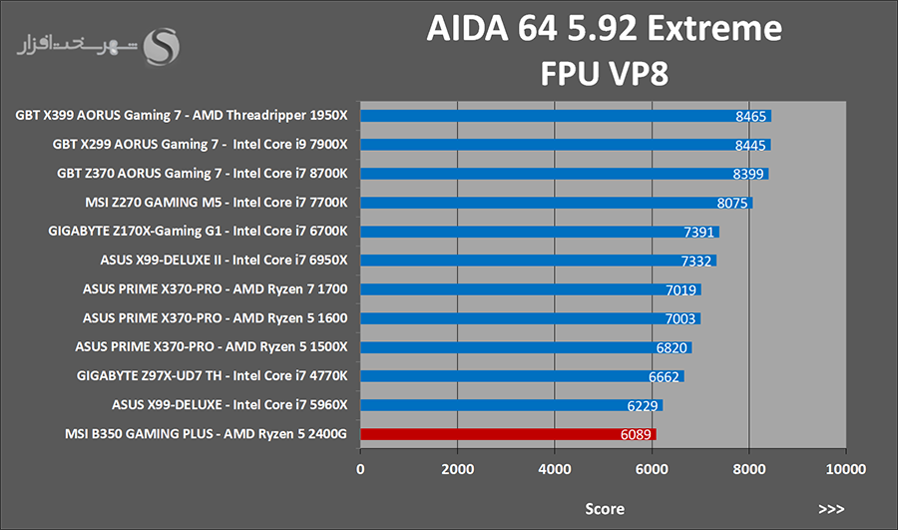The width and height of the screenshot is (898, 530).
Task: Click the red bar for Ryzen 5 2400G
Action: point(508,434)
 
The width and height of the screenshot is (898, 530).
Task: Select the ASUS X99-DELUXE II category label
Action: point(224,261)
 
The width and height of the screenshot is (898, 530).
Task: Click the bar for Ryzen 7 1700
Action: point(530,289)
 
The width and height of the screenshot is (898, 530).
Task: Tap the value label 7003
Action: point(680,318)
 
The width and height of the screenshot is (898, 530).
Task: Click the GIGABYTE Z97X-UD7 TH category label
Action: point(212,376)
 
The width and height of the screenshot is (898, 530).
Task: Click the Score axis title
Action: point(604,509)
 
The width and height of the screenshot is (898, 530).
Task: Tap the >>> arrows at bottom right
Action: point(830,509)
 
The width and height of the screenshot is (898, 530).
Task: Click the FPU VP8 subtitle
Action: point(603,75)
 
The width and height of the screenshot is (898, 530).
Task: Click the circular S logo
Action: point(163,45)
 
